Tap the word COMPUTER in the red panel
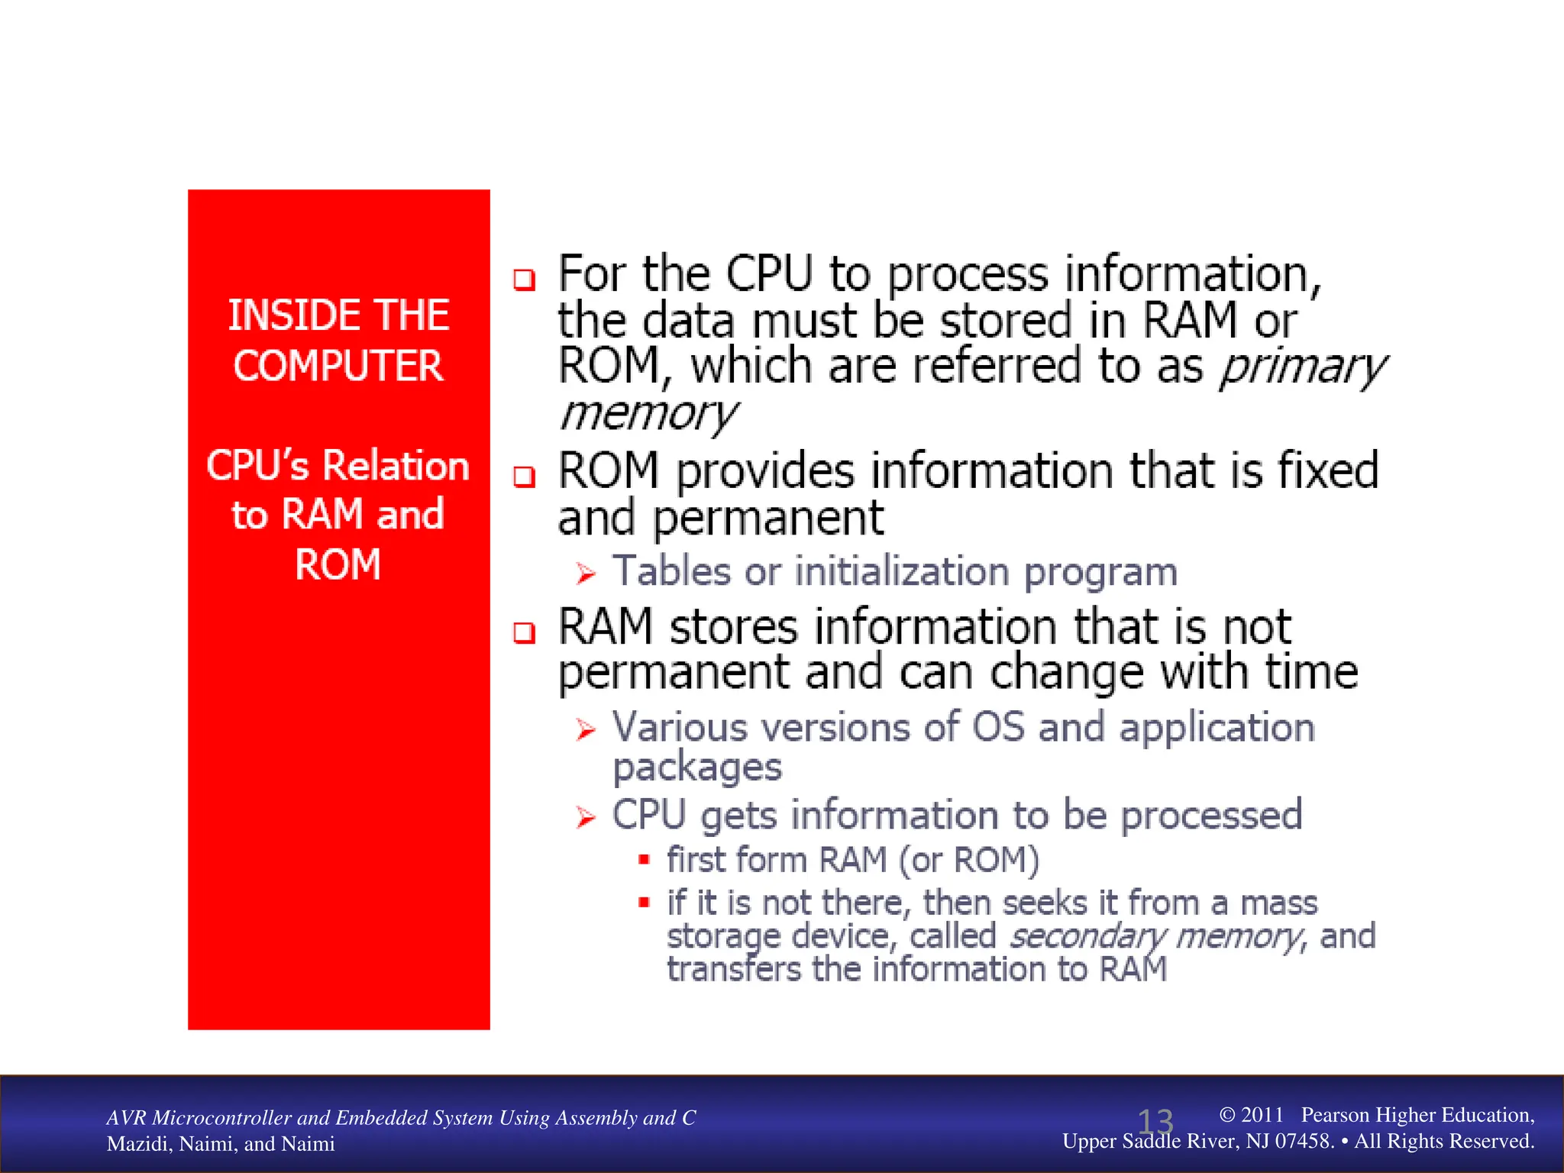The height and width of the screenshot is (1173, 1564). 338,366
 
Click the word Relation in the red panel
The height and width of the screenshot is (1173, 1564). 396,466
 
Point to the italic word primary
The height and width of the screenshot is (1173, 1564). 1303,368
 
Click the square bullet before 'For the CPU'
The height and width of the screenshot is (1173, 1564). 524,280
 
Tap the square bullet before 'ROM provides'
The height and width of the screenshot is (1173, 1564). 524,477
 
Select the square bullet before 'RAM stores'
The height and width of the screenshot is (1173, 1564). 524,632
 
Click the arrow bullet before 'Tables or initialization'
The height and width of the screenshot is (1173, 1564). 586,573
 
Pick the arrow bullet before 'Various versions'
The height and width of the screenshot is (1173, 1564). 586,729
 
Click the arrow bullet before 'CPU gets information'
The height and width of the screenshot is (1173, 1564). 586,818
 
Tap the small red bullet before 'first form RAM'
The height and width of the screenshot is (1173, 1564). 644,860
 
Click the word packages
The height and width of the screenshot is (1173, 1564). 697,767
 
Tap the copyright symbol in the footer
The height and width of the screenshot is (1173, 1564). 1227,1115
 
